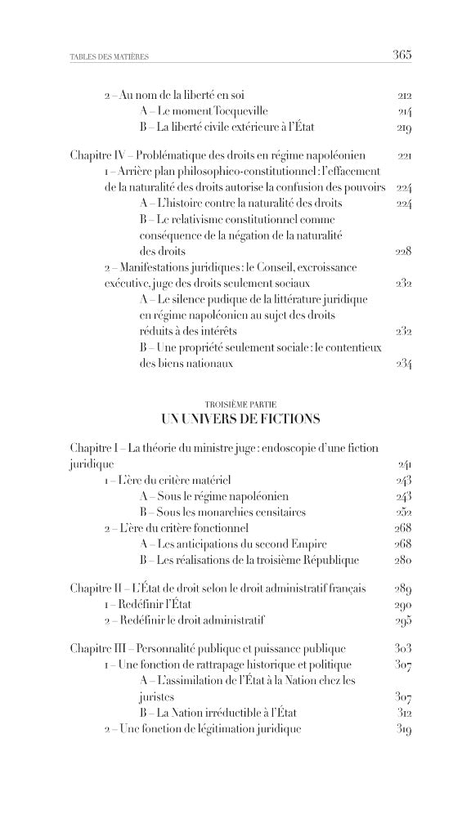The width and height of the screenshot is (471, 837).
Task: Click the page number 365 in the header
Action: (401, 56)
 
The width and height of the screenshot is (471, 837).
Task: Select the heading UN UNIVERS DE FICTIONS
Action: (241, 419)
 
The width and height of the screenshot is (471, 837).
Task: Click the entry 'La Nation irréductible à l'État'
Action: (220, 712)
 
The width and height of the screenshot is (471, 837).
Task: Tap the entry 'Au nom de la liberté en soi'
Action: (173, 96)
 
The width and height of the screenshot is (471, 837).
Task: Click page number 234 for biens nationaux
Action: (402, 364)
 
